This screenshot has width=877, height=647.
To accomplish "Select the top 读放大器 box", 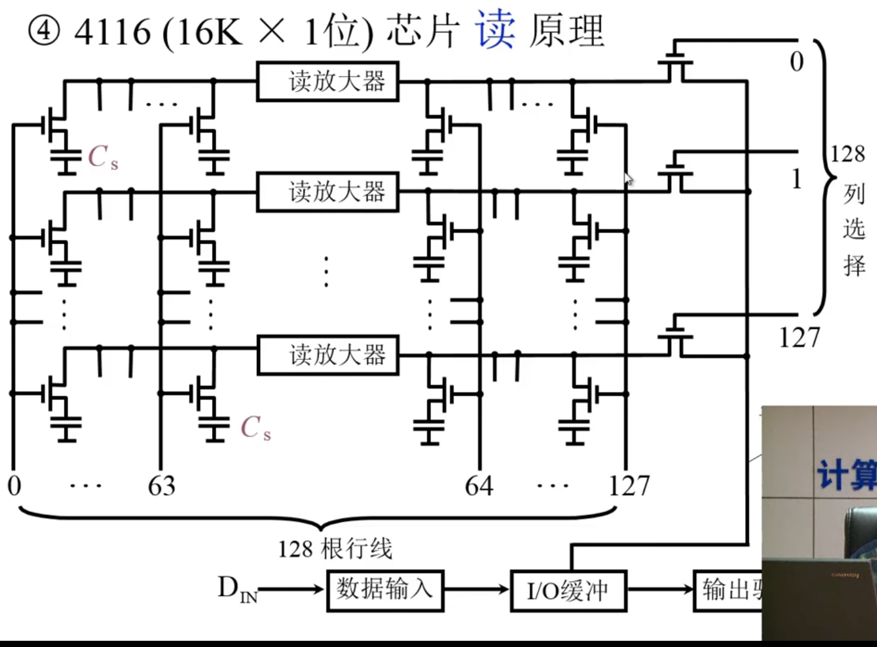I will [328, 82].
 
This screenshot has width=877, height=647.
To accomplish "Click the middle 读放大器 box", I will [328, 192].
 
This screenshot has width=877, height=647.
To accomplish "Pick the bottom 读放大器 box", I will [328, 355].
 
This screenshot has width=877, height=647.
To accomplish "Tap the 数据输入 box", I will [385, 590].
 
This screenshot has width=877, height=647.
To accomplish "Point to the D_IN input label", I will [237, 588].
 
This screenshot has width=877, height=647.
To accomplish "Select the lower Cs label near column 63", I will [256, 428].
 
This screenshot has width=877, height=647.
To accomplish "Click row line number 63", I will [161, 486].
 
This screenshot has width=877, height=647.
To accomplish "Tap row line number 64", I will [479, 486].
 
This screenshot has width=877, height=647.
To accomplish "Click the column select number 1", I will [796, 179].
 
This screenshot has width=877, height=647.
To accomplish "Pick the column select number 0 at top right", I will [796, 62].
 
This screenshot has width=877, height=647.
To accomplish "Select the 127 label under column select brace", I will [799, 338].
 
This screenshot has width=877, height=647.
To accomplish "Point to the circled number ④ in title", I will [44, 31].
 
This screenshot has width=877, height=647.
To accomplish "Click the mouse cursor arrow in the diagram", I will [629, 179].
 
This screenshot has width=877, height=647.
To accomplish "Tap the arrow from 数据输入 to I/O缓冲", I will [476, 589].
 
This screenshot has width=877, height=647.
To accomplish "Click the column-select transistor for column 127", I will [675, 336].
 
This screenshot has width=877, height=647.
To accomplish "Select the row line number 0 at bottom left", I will [14, 486].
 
